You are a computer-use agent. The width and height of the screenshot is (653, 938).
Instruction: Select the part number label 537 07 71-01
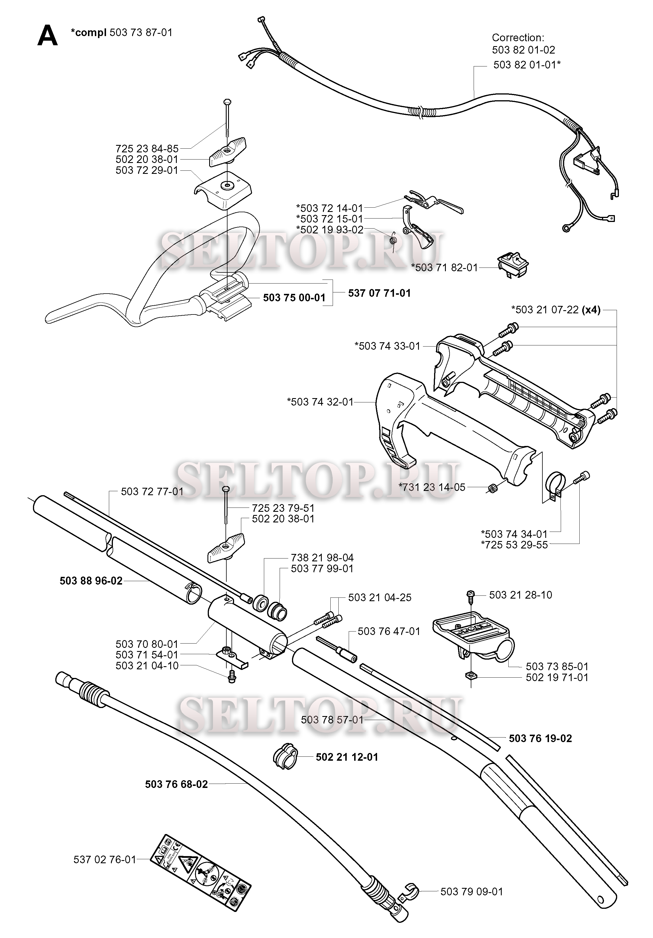click(379, 293)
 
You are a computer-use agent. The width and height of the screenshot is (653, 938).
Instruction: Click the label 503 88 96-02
click(91, 581)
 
